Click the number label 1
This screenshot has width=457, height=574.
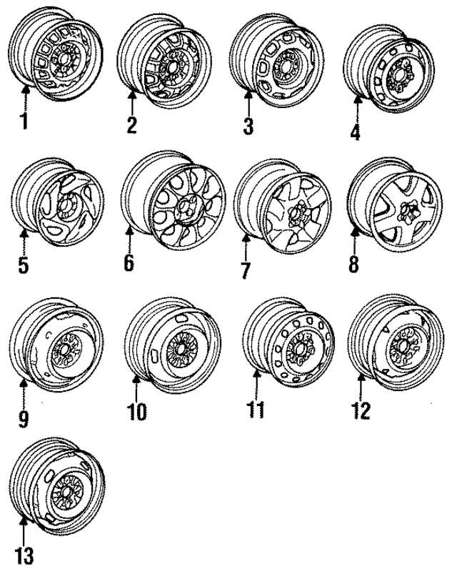point(24,122)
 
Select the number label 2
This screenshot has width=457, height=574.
point(131,124)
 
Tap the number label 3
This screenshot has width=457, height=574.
point(247,127)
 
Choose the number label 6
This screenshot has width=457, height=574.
point(129,262)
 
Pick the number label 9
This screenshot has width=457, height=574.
point(23,417)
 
